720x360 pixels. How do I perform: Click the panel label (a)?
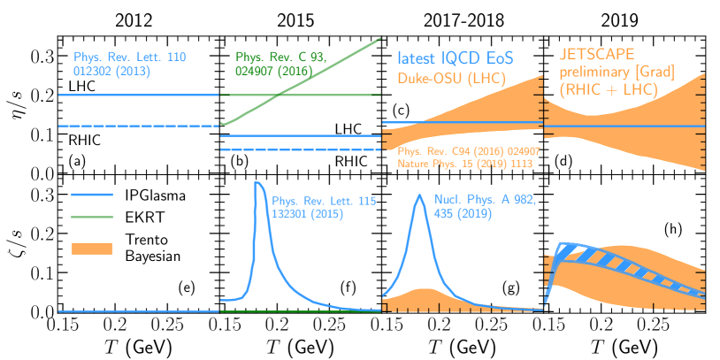[75, 162]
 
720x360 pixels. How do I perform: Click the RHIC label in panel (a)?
[85, 139]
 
